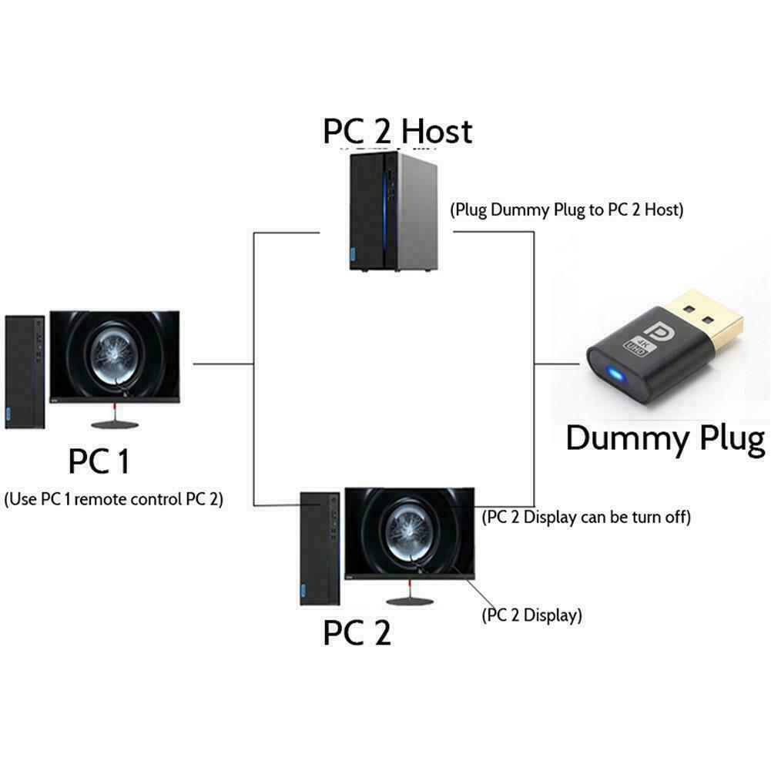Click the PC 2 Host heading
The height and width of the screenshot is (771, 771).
coord(397,132)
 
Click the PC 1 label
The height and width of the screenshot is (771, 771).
coord(99,462)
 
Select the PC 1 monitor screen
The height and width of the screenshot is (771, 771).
coord(115,357)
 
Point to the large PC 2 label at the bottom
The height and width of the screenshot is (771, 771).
coord(357,632)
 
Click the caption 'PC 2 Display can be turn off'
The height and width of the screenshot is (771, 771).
coord(585,517)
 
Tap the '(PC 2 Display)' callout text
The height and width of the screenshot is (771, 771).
coord(531,615)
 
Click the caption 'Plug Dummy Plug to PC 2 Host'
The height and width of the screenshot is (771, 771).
coord(566,210)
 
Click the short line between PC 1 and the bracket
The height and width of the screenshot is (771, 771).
coord(223,364)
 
